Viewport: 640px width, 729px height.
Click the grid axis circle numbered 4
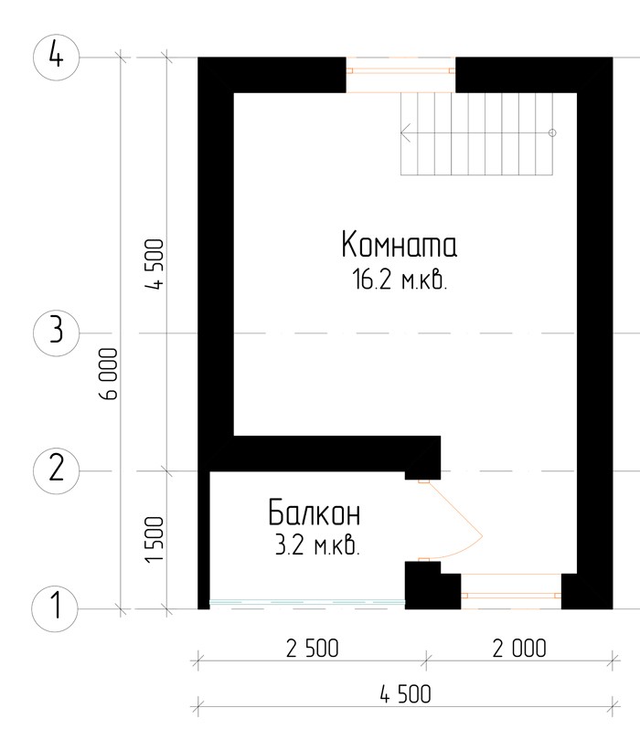pyautogui.click(x=56, y=58)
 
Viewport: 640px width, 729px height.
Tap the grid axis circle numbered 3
pyautogui.click(x=56, y=333)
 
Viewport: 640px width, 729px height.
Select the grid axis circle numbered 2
pyautogui.click(x=56, y=470)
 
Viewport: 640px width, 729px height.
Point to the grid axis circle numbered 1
pyautogui.click(x=55, y=608)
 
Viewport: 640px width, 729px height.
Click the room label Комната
pyautogui.click(x=399, y=244)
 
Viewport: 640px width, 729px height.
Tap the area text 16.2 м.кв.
pyautogui.click(x=400, y=280)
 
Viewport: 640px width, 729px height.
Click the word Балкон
pyautogui.click(x=315, y=512)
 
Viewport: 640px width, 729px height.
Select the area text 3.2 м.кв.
pyautogui.click(x=317, y=544)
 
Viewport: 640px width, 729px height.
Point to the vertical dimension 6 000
pyautogui.click(x=109, y=374)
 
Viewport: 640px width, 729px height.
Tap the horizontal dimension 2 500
pyautogui.click(x=312, y=649)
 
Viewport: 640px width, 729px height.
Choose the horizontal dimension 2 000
pyautogui.click(x=519, y=649)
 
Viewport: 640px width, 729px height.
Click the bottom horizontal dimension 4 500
pyautogui.click(x=405, y=694)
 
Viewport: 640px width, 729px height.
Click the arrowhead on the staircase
pyautogui.click(x=405, y=132)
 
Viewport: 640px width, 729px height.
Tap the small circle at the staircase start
pyautogui.click(x=552, y=132)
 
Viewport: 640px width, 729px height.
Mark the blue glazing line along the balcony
pyautogui.click(x=307, y=603)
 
